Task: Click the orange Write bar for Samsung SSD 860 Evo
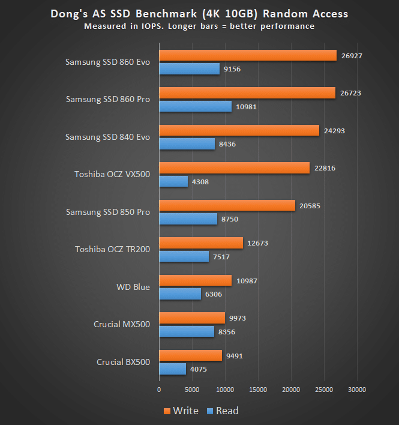coord(247,55)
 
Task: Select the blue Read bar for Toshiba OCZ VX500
coord(173,181)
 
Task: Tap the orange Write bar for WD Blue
coord(195,280)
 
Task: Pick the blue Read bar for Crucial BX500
coord(172,369)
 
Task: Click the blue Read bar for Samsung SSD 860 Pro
coord(195,106)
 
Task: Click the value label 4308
coord(200,181)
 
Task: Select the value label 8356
coord(226,331)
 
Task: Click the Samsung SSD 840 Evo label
coord(107,137)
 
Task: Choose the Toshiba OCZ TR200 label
coord(112,249)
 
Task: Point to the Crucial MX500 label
coord(122,324)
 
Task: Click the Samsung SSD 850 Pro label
coord(108,211)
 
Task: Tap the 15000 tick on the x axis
coord(258,389)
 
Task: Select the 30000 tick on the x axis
coord(357,389)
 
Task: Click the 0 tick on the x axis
coord(159,389)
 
